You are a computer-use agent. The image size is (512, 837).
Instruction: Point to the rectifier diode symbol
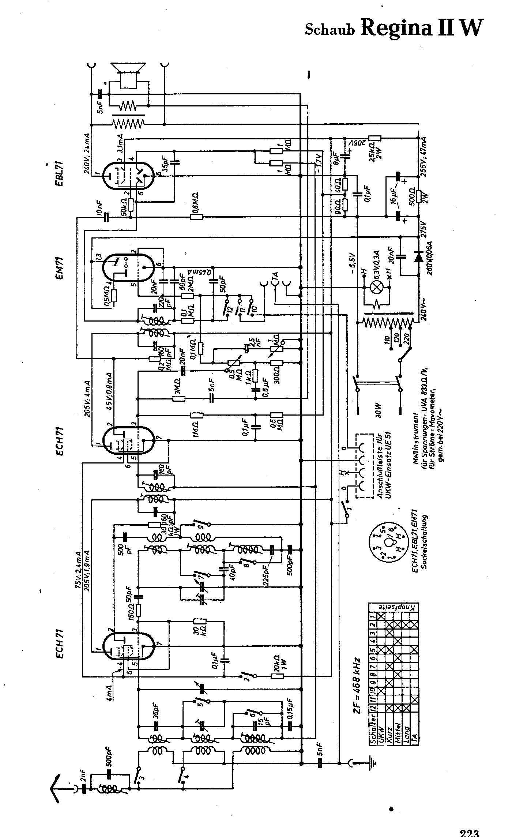(418, 257)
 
